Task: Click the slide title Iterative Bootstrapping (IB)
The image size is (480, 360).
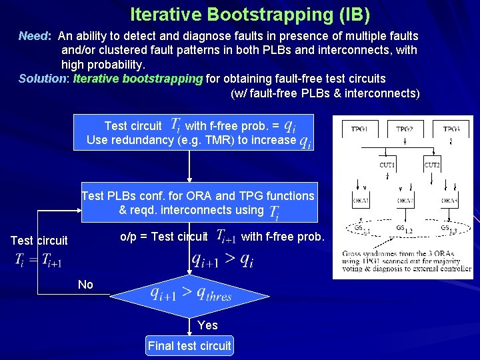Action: pos(249,14)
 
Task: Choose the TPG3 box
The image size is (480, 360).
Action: pos(451,129)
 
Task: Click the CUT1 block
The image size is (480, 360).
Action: pos(387,165)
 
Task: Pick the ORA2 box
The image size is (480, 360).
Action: pos(406,200)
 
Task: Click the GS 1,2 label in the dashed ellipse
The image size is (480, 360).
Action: pos(404,230)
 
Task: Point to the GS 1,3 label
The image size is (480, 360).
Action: pos(448,229)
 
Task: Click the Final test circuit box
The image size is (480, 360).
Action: pos(189,345)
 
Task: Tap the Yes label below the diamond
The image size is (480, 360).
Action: pos(207,325)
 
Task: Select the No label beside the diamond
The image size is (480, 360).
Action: pos(85,285)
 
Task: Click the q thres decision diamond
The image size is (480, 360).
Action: pos(190,294)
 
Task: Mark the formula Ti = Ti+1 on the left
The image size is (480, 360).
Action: pos(39,261)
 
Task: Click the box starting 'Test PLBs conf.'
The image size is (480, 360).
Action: pos(198,203)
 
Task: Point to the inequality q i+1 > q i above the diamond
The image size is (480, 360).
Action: pos(222,259)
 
